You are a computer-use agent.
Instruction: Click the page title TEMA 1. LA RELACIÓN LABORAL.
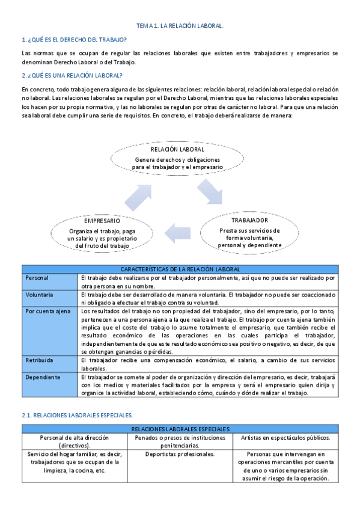[180, 26]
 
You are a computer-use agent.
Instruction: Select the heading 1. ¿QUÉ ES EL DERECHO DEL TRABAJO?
[74, 39]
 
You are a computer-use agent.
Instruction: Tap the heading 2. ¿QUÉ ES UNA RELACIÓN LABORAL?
[72, 75]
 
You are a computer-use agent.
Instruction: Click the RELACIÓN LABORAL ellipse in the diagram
[177, 158]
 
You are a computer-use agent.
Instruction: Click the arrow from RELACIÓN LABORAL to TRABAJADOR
[210, 194]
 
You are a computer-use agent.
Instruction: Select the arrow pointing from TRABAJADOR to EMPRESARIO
[179, 233]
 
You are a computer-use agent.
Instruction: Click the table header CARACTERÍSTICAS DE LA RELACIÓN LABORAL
[180, 269]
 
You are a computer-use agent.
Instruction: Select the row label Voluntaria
[40, 295]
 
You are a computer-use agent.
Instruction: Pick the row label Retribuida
[40, 360]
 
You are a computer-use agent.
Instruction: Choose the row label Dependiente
[43, 377]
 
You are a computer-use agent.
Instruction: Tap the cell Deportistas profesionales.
[180, 454]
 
